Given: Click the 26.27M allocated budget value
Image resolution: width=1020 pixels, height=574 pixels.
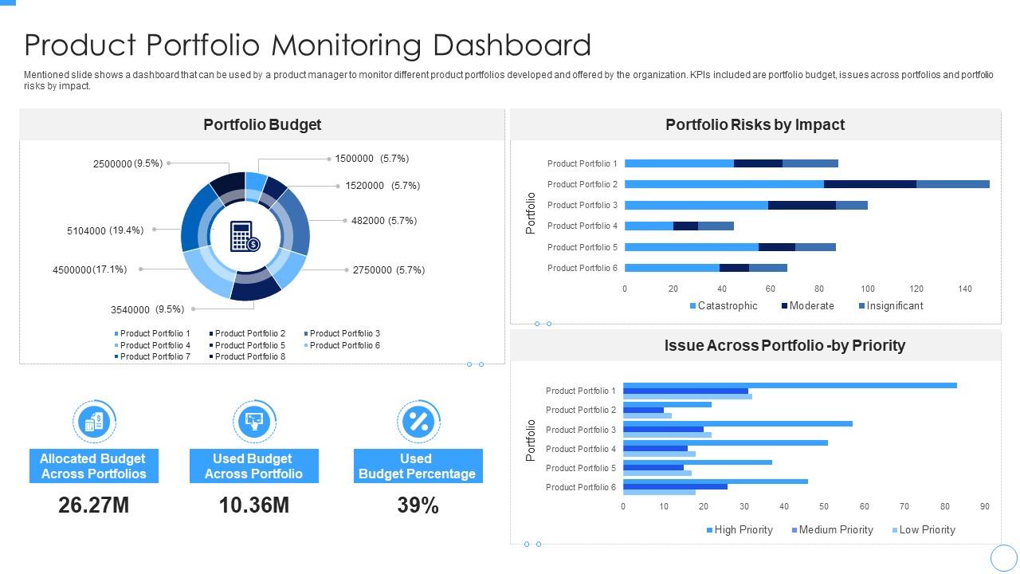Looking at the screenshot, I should (x=93, y=505).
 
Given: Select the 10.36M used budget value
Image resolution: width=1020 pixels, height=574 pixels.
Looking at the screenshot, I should (x=253, y=505).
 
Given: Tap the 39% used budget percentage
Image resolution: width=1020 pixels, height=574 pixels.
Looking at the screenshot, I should (x=418, y=505).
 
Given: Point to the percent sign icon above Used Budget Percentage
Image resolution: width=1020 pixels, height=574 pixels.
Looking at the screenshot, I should (x=418, y=421).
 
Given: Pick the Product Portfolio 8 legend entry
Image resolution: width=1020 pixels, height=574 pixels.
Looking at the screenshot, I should (x=246, y=356).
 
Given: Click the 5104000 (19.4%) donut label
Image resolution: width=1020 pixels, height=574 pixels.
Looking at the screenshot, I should (x=105, y=230).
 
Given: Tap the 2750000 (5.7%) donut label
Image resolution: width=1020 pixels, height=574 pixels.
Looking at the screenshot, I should (x=389, y=270).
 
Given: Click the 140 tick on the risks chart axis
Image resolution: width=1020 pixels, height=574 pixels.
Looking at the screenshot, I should (x=965, y=289).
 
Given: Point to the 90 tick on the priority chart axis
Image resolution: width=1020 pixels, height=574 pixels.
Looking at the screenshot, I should (x=985, y=506).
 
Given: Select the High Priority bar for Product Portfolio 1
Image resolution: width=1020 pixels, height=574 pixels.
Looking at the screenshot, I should (x=789, y=386).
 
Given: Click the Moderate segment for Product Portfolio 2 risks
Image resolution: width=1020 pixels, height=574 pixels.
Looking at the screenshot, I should (x=869, y=184).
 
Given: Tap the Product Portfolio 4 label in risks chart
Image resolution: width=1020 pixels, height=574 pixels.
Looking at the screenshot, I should (x=582, y=226).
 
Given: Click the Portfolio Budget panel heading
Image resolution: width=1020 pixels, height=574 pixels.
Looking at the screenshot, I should (x=262, y=124).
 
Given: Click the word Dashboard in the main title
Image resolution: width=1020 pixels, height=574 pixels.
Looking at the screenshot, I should (x=512, y=45).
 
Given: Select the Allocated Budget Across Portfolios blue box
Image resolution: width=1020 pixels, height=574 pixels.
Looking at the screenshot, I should (x=93, y=466).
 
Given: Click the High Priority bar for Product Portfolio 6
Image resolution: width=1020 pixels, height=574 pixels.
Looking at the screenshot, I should (x=715, y=482).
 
